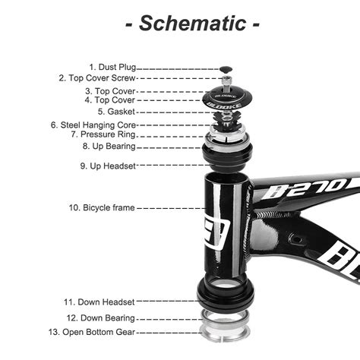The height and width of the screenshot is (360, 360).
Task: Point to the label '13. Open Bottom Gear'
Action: pyautogui.click(x=93, y=332)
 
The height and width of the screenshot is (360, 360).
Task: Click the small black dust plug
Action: pyautogui.click(x=226, y=68)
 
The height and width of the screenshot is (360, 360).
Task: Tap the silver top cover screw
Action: pyautogui.click(x=226, y=81)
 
